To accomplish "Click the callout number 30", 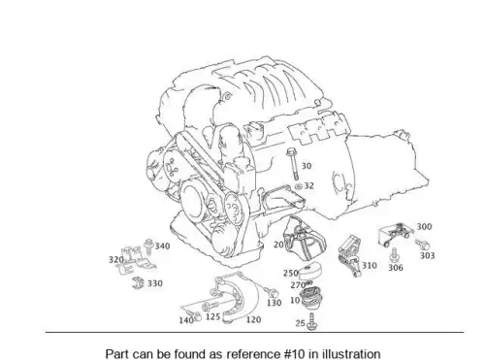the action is pyautogui.click(x=307, y=166).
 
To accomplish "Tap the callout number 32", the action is pyautogui.click(x=309, y=185).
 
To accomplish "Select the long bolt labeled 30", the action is pyautogui.click(x=294, y=164).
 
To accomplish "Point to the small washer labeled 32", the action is pyautogui.click(x=298, y=186).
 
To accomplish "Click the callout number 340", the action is pyautogui.click(x=162, y=246).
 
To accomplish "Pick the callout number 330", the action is pyautogui.click(x=155, y=283).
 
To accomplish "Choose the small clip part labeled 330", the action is pyautogui.click(x=139, y=282).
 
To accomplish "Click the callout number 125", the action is pyautogui.click(x=212, y=316).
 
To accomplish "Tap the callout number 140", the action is pyautogui.click(x=186, y=320).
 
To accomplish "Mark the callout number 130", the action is pyautogui.click(x=275, y=303).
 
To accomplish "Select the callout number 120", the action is pyautogui.click(x=253, y=319).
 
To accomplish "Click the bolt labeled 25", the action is pyautogui.click(x=312, y=322).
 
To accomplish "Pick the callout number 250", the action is pyautogui.click(x=291, y=274).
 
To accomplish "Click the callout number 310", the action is pyautogui.click(x=370, y=266).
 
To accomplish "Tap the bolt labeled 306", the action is pyautogui.click(x=394, y=255).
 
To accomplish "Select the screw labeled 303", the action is pyautogui.click(x=422, y=245).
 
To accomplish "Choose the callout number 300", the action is pyautogui.click(x=424, y=227).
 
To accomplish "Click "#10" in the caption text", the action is pyautogui.click(x=294, y=354).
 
